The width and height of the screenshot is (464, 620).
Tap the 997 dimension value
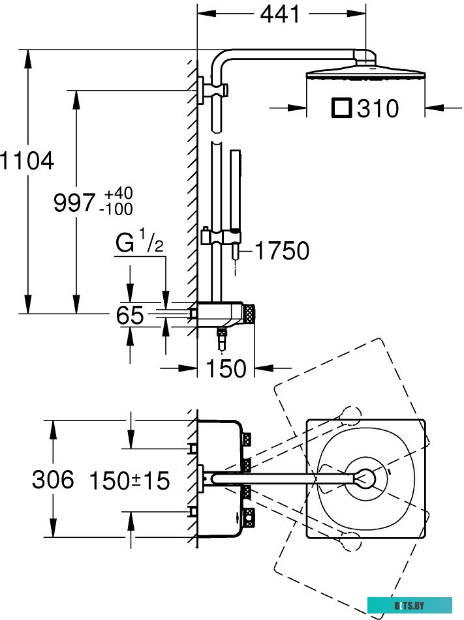74,203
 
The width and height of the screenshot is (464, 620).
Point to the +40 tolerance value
117,194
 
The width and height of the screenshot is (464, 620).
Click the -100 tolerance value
117,209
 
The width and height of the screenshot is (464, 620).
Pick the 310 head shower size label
378,108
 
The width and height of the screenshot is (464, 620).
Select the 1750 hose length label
281,250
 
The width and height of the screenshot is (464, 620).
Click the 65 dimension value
129,316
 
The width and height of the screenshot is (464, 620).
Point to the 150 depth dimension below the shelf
226,368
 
